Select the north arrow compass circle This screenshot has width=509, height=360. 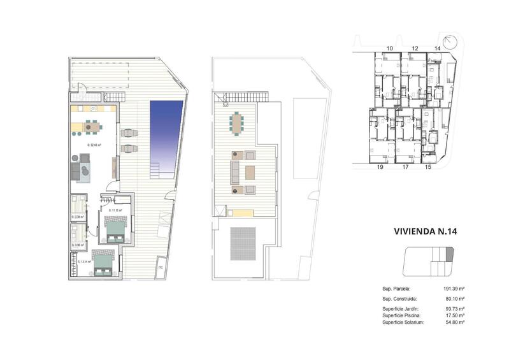[x=452, y=41]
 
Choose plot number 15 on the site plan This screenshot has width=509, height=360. [x=428, y=168]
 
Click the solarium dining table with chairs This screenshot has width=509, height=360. [x=238, y=123]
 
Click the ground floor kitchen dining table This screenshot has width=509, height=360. [x=92, y=127]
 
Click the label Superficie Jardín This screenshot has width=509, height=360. [x=400, y=308]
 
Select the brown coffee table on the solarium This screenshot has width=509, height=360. [x=250, y=172]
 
